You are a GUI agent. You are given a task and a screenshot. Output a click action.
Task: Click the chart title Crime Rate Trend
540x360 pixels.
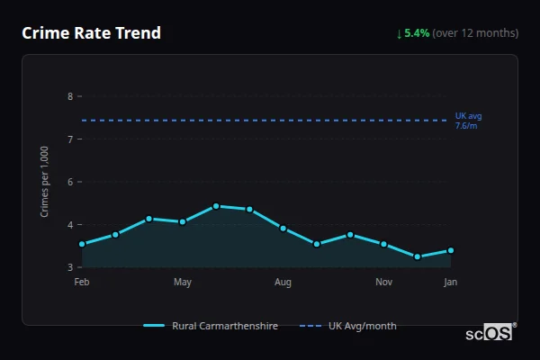(x=91, y=33)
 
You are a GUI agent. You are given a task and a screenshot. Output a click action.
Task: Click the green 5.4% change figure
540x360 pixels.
(x=418, y=33)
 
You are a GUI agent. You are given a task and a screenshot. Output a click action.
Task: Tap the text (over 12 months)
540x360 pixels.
(x=475, y=33)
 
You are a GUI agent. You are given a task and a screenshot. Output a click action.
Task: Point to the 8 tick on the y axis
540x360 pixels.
(x=70, y=96)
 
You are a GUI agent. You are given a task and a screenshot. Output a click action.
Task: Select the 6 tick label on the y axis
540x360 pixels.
(x=70, y=182)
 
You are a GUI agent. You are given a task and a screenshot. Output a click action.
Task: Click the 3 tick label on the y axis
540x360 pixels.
(x=70, y=267)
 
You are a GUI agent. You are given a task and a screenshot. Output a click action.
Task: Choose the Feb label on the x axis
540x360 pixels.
(x=82, y=283)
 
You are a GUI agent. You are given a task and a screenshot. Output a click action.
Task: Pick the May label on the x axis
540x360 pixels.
(x=183, y=283)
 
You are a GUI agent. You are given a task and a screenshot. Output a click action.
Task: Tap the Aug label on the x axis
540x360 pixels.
(x=283, y=283)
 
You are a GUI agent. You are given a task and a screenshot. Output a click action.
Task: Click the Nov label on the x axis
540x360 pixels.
(x=383, y=283)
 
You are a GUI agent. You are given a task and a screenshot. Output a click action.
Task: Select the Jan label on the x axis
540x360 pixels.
(x=450, y=283)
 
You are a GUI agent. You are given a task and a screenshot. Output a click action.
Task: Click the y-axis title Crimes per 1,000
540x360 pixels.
(x=45, y=182)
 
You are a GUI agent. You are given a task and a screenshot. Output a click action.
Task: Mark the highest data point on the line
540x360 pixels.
(x=216, y=206)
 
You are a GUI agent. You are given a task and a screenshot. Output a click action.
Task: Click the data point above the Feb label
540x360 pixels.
(x=82, y=244)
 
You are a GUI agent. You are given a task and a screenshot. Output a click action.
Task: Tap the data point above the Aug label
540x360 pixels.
(x=283, y=229)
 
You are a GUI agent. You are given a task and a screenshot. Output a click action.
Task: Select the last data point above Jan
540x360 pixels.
(x=450, y=250)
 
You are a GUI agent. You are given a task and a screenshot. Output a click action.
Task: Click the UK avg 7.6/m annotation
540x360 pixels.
(x=468, y=121)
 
